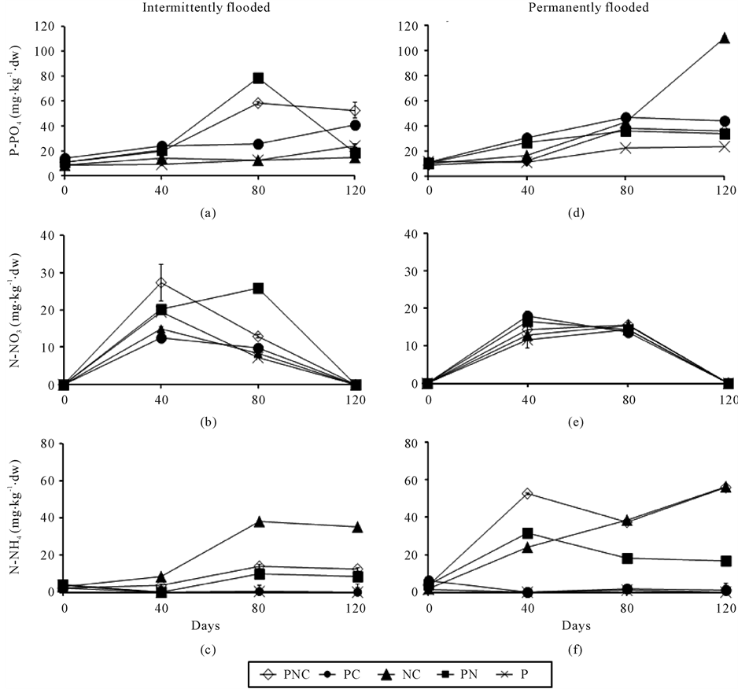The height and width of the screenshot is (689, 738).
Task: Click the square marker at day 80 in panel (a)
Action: tap(258, 78)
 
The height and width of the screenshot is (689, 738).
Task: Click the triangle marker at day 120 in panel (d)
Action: tap(725, 38)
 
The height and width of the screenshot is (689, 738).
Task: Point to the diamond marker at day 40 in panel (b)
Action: tap(161, 282)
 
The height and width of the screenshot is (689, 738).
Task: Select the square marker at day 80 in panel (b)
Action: tap(258, 289)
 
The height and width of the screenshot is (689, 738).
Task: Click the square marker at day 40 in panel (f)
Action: tap(527, 533)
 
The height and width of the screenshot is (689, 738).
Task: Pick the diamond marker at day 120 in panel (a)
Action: tap(355, 110)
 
